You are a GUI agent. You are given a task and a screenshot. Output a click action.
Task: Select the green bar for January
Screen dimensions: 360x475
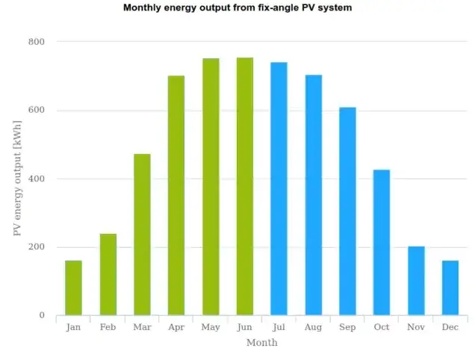tap(73, 288)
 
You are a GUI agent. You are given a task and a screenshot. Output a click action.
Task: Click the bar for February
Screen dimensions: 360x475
tap(108, 274)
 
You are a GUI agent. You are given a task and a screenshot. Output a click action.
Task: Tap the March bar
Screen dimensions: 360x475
tap(142, 235)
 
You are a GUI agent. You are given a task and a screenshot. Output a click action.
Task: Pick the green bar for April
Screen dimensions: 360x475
tap(176, 195)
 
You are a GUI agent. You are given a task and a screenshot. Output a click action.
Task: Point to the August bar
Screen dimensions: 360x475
tap(313, 195)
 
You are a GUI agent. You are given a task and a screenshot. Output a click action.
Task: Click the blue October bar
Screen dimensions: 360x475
tap(382, 242)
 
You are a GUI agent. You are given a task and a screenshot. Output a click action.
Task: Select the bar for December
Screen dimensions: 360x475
tap(450, 288)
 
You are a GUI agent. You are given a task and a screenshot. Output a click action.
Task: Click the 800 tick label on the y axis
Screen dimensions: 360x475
tap(37, 42)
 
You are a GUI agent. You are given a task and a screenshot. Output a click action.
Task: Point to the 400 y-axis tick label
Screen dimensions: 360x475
tap(37, 179)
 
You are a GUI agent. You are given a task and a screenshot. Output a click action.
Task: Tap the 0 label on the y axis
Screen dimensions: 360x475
tap(42, 316)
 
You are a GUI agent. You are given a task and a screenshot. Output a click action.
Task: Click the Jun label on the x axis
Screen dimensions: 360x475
tap(245, 327)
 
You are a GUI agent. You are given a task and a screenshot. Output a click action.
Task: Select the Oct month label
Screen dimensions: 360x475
tap(382, 327)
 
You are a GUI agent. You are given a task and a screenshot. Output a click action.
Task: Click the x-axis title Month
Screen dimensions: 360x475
tap(261, 343)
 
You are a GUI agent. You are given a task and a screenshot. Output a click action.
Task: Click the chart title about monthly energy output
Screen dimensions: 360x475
tap(237, 8)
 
